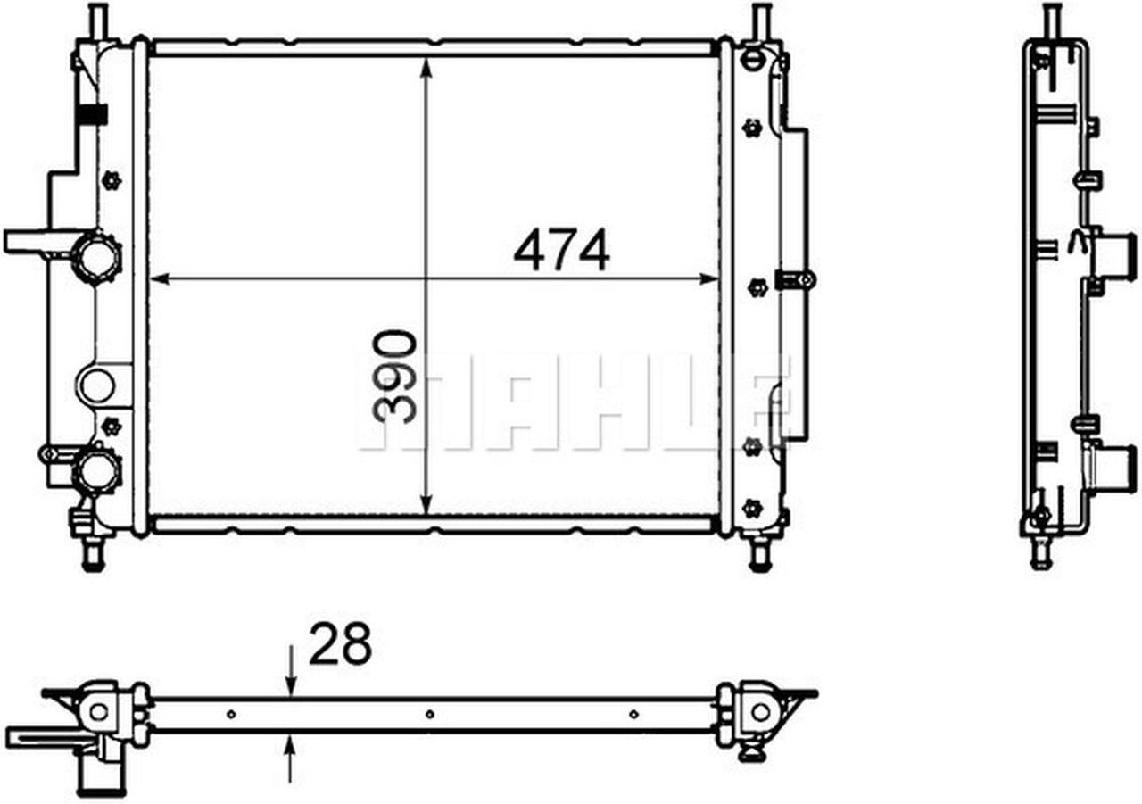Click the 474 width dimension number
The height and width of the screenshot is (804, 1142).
click(x=561, y=251)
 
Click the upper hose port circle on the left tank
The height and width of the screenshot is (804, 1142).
click(x=96, y=257)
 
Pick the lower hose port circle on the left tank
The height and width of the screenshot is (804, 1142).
click(x=96, y=470)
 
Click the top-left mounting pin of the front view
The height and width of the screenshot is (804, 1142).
click(x=97, y=20)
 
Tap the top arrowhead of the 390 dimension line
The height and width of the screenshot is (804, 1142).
click(x=427, y=65)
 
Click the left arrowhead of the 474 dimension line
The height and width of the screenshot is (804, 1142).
click(x=159, y=279)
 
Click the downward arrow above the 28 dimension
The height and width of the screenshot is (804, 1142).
click(x=291, y=683)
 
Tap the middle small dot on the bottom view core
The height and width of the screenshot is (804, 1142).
click(x=429, y=714)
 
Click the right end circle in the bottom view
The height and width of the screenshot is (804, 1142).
click(x=759, y=711)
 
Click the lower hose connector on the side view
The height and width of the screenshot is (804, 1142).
click(x=1105, y=463)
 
